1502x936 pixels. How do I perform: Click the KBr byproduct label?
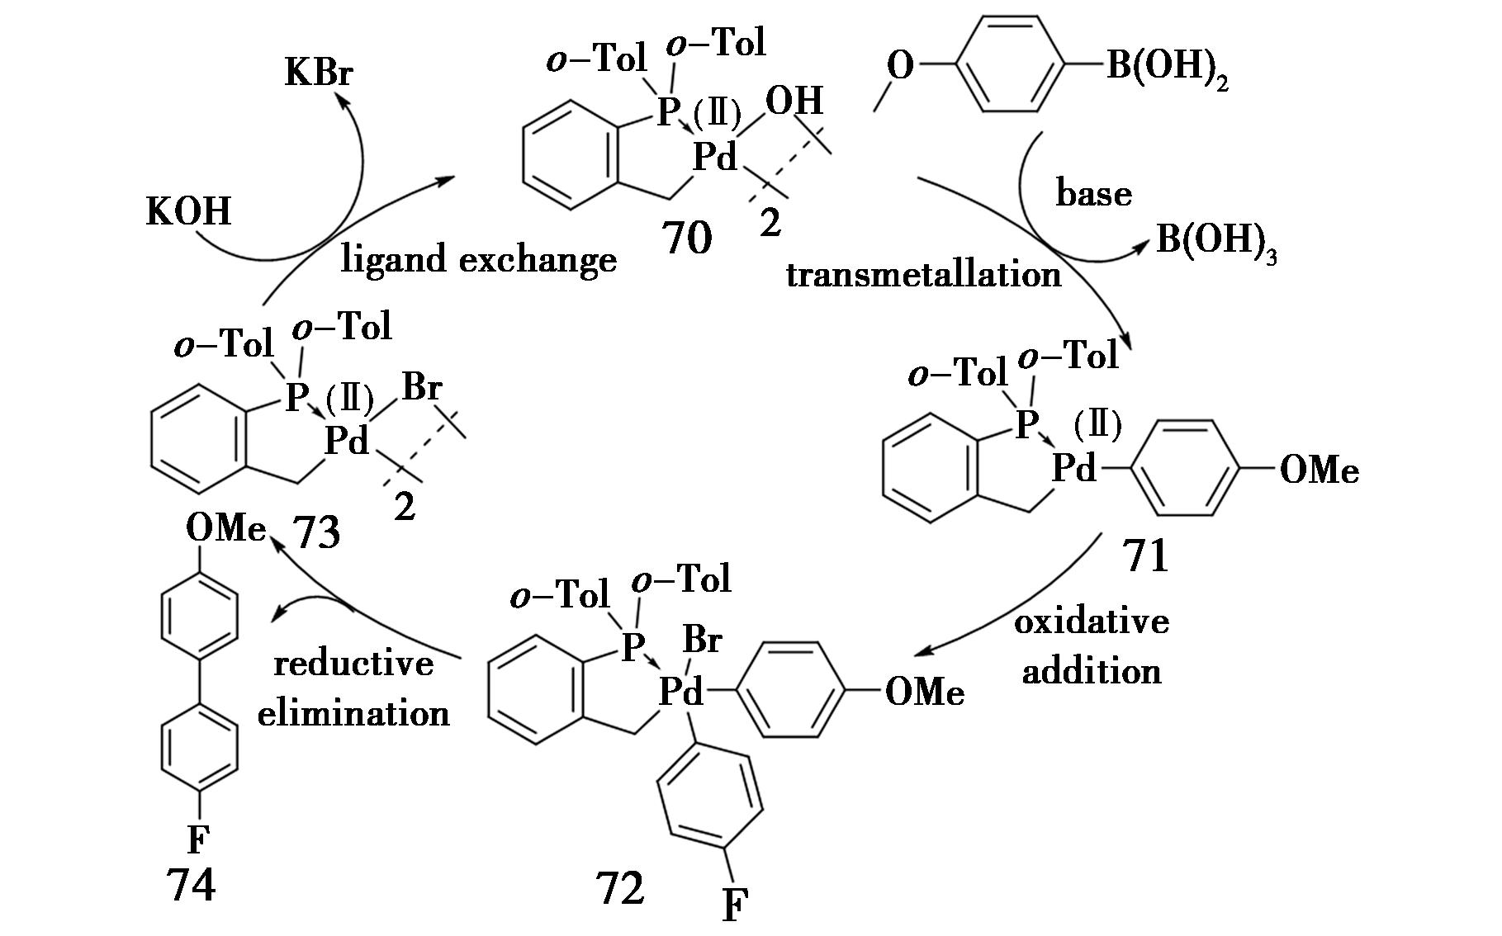(319, 73)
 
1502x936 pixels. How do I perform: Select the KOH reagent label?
(188, 211)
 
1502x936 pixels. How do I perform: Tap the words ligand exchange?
(479, 260)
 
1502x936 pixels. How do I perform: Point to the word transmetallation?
(923, 274)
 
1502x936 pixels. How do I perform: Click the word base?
(1093, 194)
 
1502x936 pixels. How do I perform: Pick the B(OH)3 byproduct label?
(1216, 241)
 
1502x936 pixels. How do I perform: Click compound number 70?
(686, 239)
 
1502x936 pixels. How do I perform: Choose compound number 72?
(619, 888)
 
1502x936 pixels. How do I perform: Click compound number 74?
(191, 886)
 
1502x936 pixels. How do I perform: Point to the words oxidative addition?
(1092, 646)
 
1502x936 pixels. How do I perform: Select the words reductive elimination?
(353, 688)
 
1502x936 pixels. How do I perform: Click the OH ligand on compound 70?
(794, 102)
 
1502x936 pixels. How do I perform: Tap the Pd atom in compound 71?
(1073, 468)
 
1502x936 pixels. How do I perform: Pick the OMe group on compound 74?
(225, 527)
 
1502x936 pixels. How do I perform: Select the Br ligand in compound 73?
(422, 388)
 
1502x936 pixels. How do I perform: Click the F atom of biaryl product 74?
(197, 840)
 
